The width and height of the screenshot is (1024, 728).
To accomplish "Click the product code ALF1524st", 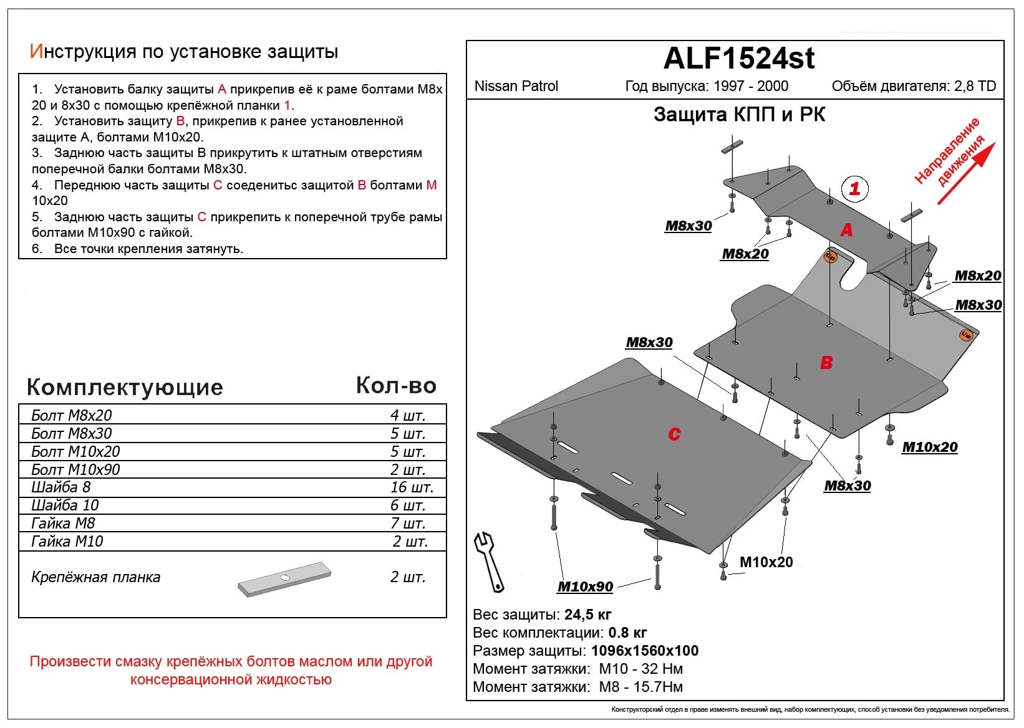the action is pyautogui.click(x=739, y=58).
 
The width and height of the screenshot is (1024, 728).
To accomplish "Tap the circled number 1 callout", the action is pyautogui.click(x=855, y=189).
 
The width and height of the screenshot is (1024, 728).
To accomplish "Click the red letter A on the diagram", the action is pyautogui.click(x=847, y=229).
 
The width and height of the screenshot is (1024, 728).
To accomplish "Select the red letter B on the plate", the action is pyautogui.click(x=826, y=362).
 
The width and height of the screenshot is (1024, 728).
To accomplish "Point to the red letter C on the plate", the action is pyautogui.click(x=674, y=434).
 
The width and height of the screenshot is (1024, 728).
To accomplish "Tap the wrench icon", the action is pyautogui.click(x=488, y=562).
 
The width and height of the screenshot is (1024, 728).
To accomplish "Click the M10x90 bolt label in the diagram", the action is pyautogui.click(x=585, y=587).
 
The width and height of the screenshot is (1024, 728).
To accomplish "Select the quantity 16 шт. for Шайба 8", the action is pyautogui.click(x=412, y=487).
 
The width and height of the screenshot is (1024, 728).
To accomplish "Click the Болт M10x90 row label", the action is pyautogui.click(x=75, y=469).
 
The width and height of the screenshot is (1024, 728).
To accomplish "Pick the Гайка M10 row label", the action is pyautogui.click(x=67, y=542).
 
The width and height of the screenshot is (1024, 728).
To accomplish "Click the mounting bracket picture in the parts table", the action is pyautogui.click(x=284, y=579).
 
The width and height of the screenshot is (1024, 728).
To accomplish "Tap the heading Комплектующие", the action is pyautogui.click(x=125, y=387).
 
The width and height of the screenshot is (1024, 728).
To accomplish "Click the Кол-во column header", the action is pyautogui.click(x=397, y=385).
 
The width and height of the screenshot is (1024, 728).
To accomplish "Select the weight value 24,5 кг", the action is pyautogui.click(x=588, y=615).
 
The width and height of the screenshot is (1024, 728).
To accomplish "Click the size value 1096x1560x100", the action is pyautogui.click(x=645, y=651).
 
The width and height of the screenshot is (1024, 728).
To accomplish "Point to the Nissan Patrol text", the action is pyautogui.click(x=516, y=86).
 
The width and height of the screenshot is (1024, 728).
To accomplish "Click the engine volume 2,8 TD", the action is pyautogui.click(x=975, y=86).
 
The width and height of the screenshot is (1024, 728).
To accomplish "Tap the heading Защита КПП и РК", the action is pyautogui.click(x=739, y=114).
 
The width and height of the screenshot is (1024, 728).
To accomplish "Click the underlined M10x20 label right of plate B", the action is pyautogui.click(x=929, y=447).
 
